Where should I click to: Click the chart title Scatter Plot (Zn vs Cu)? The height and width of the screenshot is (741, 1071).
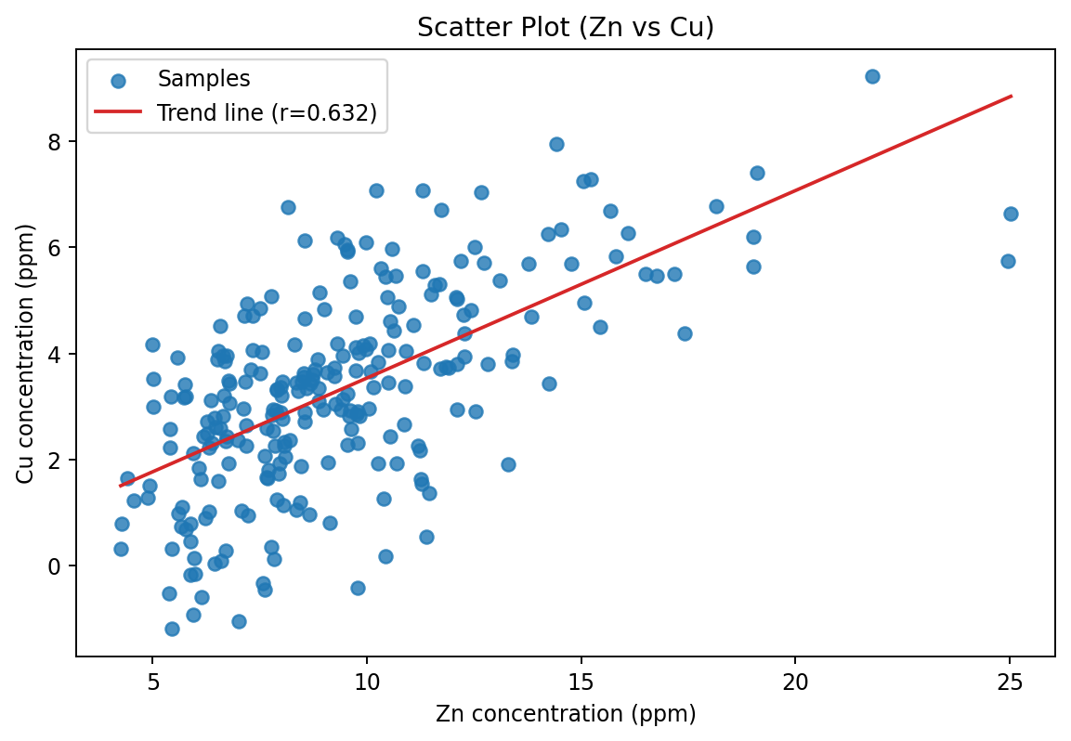coord(565,28)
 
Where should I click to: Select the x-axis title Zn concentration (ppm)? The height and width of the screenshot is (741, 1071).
coord(565,714)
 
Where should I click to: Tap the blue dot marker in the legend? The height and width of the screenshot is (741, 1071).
coord(118,81)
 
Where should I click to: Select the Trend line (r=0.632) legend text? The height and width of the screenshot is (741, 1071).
coord(267,112)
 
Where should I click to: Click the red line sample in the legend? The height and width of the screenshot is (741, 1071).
coord(118,112)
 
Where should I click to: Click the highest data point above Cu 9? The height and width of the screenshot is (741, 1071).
coord(872,76)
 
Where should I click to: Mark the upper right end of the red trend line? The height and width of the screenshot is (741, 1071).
coord(1011,96)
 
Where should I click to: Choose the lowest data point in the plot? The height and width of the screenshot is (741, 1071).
coord(172,629)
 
